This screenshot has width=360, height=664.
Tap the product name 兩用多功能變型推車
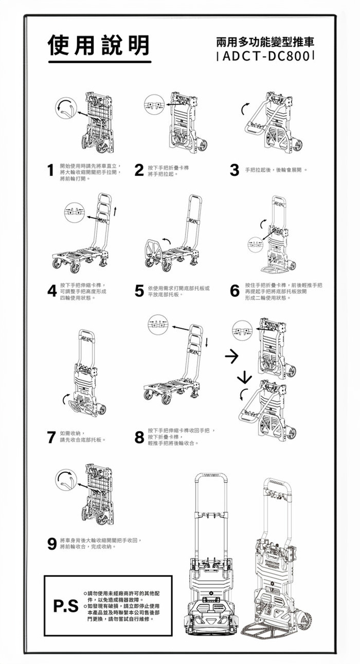click(265, 41)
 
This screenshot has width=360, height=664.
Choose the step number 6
click(235, 291)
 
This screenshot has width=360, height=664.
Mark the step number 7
click(50, 437)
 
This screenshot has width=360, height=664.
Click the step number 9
click(51, 544)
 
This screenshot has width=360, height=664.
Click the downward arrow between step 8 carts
click(245, 378)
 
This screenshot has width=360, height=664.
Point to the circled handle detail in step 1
click(66, 109)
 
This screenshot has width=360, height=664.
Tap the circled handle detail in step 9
click(66, 480)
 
